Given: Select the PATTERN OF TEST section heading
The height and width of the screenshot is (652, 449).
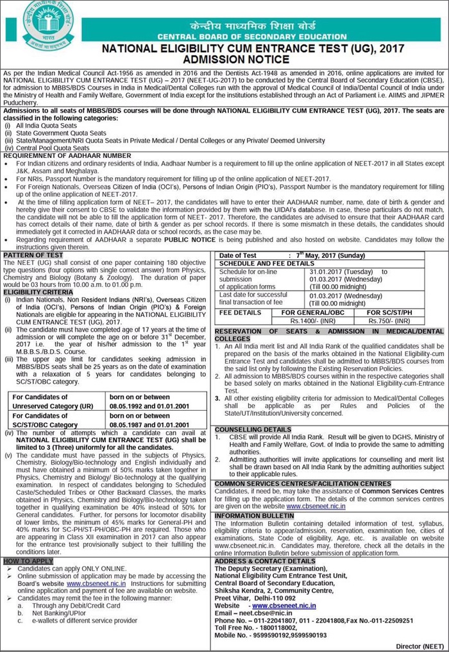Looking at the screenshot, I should pyautogui.click(x=33, y=255).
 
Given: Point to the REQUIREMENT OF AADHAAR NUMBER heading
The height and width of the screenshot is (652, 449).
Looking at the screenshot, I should pyautogui.click(x=67, y=155).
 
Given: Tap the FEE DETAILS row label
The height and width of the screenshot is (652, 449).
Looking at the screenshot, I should pyautogui.click(x=241, y=312).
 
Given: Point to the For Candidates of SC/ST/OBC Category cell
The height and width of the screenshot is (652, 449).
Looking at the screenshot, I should pyautogui.click(x=58, y=420).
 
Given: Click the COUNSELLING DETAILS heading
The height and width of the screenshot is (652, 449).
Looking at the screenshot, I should pyautogui.click(x=253, y=429).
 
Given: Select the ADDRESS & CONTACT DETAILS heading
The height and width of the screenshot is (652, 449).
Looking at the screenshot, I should pyautogui.click(x=265, y=561).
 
